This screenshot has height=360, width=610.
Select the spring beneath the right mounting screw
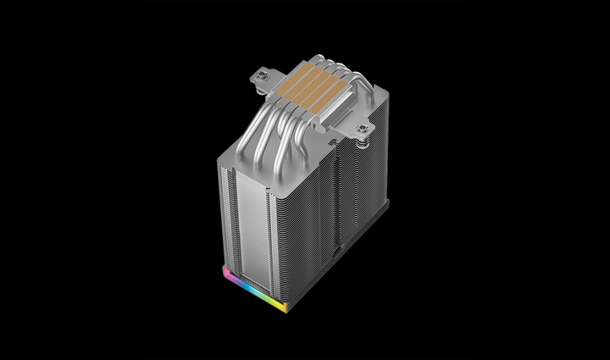click(362, 141)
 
